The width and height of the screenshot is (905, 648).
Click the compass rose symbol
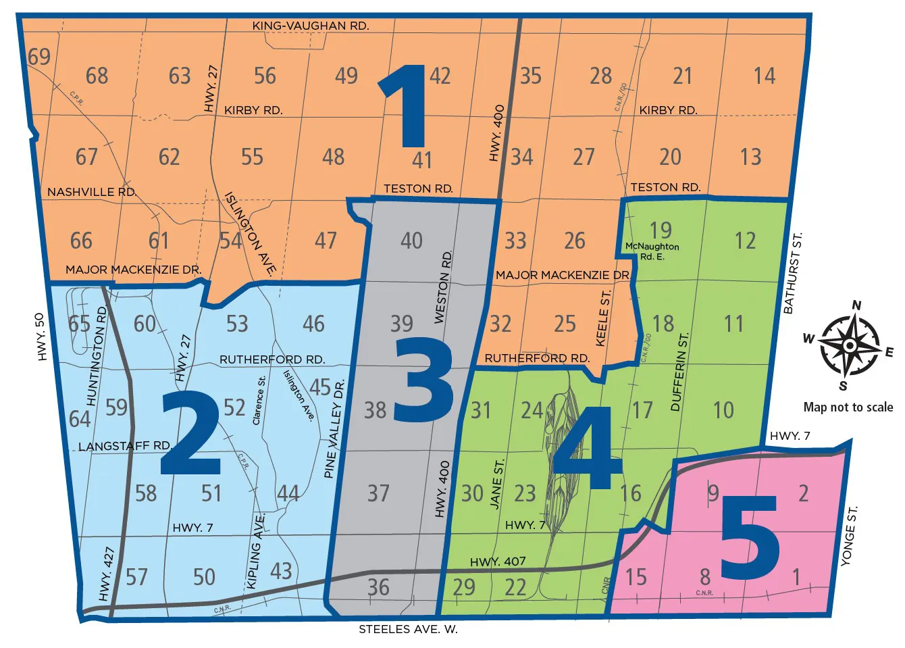pyautogui.click(x=849, y=345)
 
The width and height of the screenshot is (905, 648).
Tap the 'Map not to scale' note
pyautogui.click(x=848, y=407)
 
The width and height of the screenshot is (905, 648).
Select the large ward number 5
pyautogui.click(x=750, y=538)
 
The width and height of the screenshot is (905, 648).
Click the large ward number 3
pyautogui.click(x=424, y=380)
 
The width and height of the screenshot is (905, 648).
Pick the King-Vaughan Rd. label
pyautogui.click(x=311, y=26)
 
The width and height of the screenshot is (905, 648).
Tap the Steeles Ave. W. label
pyautogui.click(x=408, y=629)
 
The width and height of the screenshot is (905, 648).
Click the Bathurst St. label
pyautogui.click(x=792, y=273)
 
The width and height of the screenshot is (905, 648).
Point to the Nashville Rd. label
pyautogui.click(x=91, y=192)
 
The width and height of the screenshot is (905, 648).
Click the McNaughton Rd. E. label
pyautogui.click(x=652, y=251)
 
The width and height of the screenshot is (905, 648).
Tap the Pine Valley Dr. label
pyautogui.click(x=335, y=429)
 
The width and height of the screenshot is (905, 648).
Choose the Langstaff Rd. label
pyautogui.click(x=125, y=446)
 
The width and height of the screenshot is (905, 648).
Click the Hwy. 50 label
pyautogui.click(x=41, y=337)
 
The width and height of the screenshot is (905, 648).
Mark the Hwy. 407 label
pyautogui.click(x=498, y=562)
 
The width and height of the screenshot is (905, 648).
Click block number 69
pyautogui.click(x=39, y=57)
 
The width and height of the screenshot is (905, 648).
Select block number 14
pyautogui.click(x=765, y=76)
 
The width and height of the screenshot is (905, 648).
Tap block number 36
pyautogui.click(x=378, y=587)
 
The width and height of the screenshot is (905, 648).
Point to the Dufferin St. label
pyautogui.click(x=679, y=372)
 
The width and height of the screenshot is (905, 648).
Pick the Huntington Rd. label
pyautogui.click(x=97, y=355)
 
